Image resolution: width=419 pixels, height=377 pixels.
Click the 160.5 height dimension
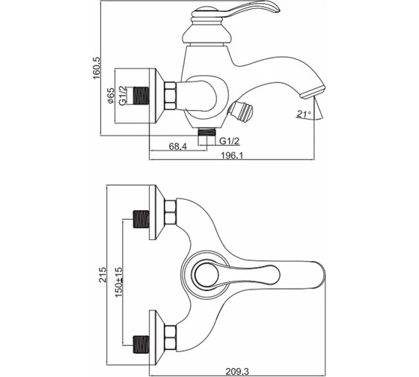point(97,68)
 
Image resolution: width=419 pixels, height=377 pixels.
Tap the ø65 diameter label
point(111,96)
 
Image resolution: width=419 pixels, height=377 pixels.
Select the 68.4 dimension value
point(178,146)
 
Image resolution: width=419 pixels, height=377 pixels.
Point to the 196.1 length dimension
point(232,156)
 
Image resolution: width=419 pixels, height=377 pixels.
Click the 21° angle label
point(304,114)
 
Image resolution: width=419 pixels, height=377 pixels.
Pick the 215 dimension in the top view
point(103,275)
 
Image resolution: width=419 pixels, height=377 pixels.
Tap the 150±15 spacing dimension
point(119,282)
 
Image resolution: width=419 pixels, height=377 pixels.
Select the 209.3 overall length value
point(237,371)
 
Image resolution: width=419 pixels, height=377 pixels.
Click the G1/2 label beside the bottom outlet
point(229,141)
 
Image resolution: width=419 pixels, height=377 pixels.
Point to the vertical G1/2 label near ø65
point(122,96)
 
